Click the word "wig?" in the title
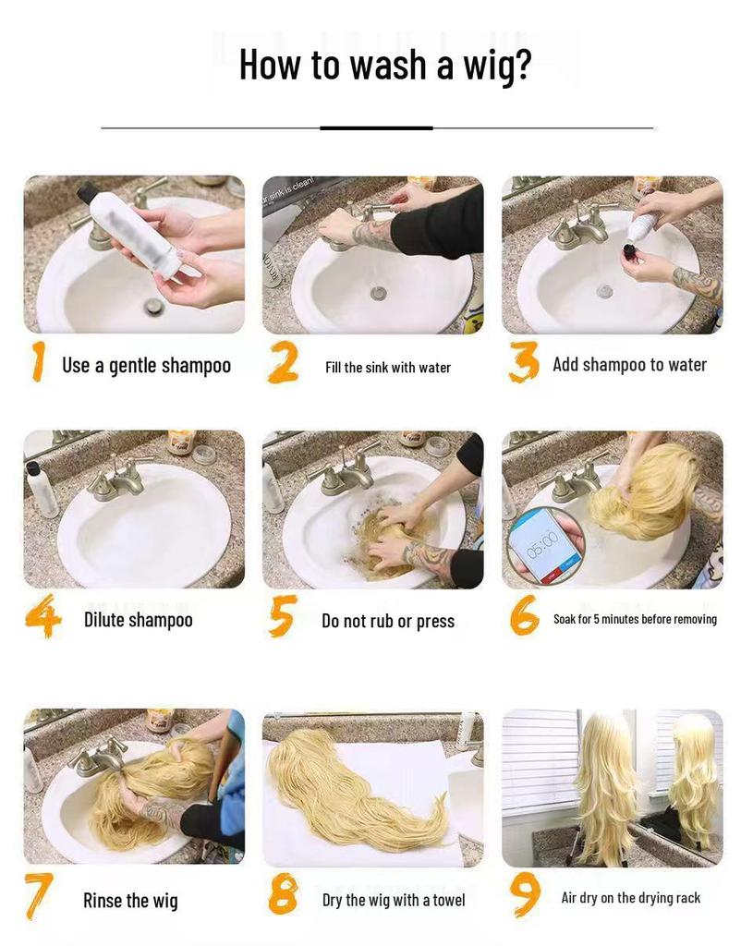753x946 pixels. tap(496, 66)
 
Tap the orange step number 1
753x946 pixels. tap(38, 361)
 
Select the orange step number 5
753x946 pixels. tap(283, 616)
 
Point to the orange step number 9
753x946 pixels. tap(524, 894)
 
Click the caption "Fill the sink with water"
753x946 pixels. tap(388, 368)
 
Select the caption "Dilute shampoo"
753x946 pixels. tap(139, 620)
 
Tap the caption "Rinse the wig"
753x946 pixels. tap(130, 901)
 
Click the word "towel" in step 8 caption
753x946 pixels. tap(449, 900)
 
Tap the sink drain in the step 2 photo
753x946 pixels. tap(378, 294)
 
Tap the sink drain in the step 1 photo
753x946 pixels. tap(154, 306)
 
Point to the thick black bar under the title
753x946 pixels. tap(376, 127)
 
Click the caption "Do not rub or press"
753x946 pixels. tap(388, 622)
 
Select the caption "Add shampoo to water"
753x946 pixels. tap(629, 366)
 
